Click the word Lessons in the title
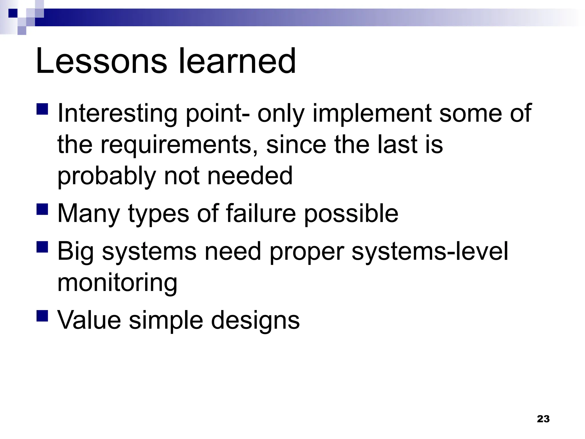pos(101,61)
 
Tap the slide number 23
pos(543,419)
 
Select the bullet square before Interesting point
pos(43,109)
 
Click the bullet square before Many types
pos(43,209)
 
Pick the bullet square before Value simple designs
pos(43,316)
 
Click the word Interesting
pos(117,113)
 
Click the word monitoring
pos(117,283)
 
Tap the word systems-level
pos(430,251)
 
